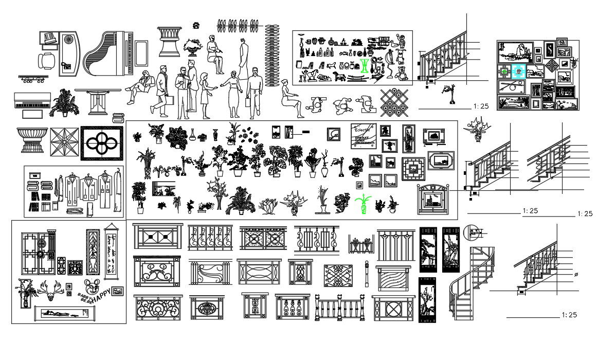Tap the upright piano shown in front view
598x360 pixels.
[32, 101]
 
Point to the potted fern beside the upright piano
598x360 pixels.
[64, 102]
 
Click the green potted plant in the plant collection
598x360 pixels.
[363, 203]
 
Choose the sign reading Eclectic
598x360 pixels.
[364, 135]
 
